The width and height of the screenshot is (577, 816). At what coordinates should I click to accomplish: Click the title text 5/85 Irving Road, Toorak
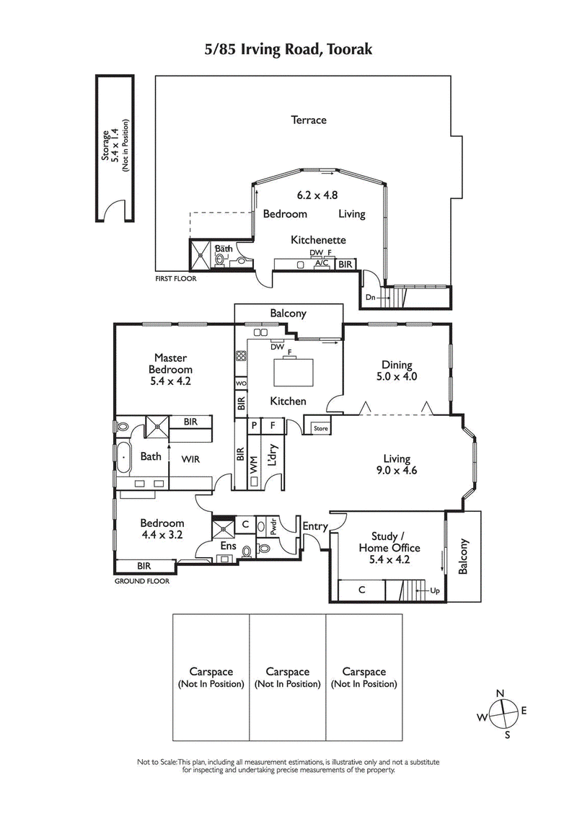coord(288,50)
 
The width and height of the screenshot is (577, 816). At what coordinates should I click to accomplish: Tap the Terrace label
coord(309,120)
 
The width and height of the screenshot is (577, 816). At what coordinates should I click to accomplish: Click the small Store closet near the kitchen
coord(320,429)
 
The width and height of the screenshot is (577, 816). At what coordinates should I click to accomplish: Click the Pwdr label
coord(274,527)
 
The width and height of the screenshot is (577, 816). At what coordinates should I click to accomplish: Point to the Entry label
coord(314,527)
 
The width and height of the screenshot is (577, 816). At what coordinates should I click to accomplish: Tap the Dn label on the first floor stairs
coord(371,296)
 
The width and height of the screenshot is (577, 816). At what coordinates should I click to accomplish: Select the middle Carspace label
coord(288,678)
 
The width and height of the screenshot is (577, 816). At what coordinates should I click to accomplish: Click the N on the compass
coord(501,693)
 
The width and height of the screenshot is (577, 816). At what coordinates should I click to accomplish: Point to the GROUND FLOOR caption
coord(142,581)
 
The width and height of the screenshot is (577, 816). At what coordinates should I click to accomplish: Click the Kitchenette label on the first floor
coord(319,240)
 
